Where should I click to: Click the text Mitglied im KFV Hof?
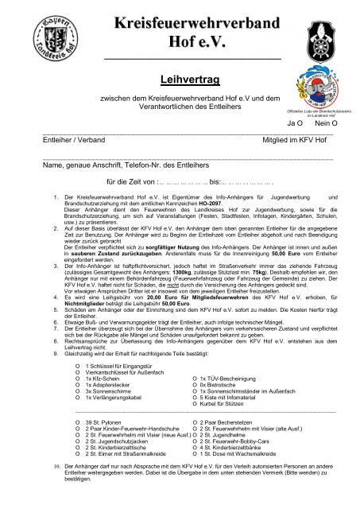point(295,138)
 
